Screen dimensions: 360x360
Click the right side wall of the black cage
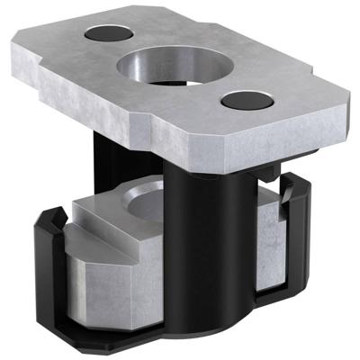297,243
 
